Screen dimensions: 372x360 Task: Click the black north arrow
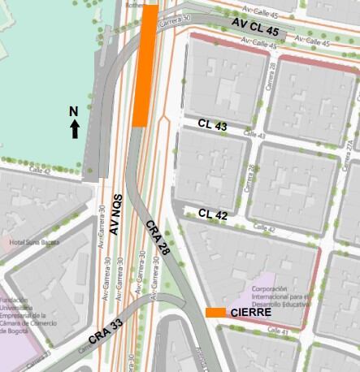pos(75,128)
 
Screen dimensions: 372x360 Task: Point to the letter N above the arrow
pos(73,110)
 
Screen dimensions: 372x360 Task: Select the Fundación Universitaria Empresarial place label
pos(28,313)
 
